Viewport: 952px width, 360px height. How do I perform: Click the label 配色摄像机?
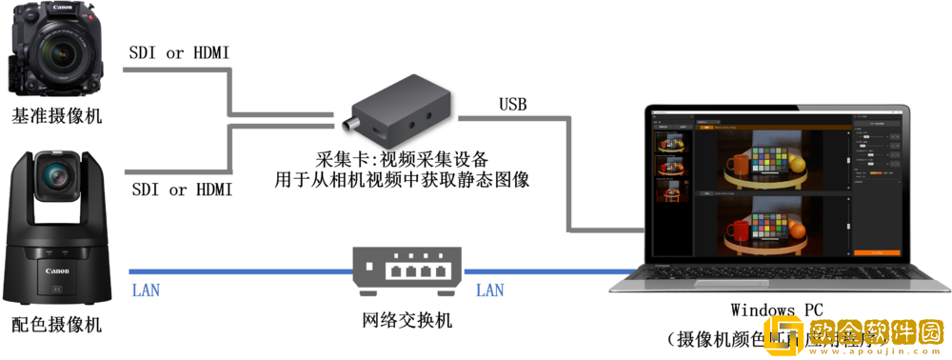coord(56,326)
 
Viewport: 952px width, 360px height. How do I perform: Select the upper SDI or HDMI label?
coord(179,53)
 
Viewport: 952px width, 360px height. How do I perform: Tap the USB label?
coord(512,103)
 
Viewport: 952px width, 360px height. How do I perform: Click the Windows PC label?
coord(776,310)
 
